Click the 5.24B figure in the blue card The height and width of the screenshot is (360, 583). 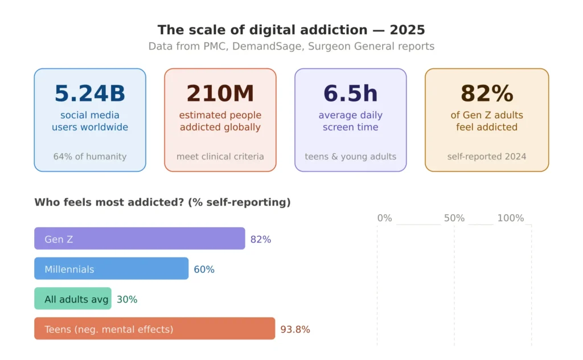pyautogui.click(x=90, y=94)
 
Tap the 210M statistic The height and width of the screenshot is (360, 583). pyautogui.click(x=220, y=94)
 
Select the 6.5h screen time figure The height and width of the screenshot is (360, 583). pyautogui.click(x=351, y=94)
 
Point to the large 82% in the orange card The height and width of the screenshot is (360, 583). pyautogui.click(x=487, y=94)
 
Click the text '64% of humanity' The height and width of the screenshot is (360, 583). pyautogui.click(x=90, y=157)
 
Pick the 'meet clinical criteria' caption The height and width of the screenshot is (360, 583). pyautogui.click(x=220, y=157)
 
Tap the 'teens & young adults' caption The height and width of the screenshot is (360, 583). pyautogui.click(x=351, y=157)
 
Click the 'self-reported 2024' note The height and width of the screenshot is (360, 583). pyautogui.click(x=487, y=157)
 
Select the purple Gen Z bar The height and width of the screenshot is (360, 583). pyautogui.click(x=139, y=239)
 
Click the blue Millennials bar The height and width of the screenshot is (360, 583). pyautogui.click(x=111, y=269)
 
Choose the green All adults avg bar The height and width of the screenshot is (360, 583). pyautogui.click(x=73, y=299)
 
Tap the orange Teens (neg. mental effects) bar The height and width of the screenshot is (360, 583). pyautogui.click(x=154, y=329)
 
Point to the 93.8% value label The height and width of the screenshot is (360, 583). pyautogui.click(x=295, y=330)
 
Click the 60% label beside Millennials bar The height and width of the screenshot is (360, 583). pyautogui.click(x=204, y=269)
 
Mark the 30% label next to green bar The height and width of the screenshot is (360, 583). pyautogui.click(x=127, y=300)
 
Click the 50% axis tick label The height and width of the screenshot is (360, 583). pyautogui.click(x=454, y=218)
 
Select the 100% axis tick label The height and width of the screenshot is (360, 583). pyautogui.click(x=510, y=218)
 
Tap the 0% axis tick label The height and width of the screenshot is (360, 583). pyautogui.click(x=384, y=218)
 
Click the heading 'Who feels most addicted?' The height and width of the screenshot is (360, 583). pyautogui.click(x=162, y=202)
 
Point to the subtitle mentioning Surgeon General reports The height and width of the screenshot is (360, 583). pyautogui.click(x=291, y=46)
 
